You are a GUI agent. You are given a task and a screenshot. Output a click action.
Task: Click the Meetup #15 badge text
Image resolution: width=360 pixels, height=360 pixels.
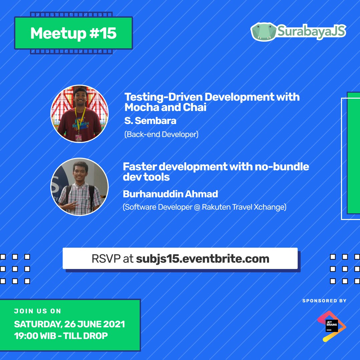click(73, 33)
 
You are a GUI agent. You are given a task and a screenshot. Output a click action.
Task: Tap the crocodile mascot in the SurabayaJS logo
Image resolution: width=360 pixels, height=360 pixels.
click(264, 32)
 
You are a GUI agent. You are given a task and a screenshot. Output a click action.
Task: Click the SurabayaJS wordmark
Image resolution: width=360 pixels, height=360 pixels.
click(312, 32)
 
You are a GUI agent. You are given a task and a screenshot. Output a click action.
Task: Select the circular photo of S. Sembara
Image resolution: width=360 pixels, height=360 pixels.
click(79, 114)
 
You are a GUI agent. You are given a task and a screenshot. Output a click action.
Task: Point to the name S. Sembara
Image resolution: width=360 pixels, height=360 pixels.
click(150, 121)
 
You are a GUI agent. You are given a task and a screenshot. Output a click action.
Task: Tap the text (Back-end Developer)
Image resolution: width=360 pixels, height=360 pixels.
click(161, 135)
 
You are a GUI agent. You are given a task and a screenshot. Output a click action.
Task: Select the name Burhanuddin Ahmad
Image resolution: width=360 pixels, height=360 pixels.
click(170, 194)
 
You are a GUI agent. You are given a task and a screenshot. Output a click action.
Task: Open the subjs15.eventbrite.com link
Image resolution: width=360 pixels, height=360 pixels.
click(203, 259)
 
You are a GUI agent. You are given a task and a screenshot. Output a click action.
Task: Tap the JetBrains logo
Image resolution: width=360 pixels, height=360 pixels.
click(332, 326)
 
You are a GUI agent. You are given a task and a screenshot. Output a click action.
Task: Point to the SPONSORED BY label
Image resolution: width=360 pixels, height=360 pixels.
click(324, 301)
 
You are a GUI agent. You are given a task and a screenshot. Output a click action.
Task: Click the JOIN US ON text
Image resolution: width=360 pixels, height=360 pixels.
click(38, 311)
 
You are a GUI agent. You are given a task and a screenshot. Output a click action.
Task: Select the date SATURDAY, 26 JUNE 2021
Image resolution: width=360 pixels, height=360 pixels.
click(69, 324)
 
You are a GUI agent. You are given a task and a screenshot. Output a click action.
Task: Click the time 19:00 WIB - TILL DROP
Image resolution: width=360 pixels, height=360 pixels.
click(61, 336)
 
